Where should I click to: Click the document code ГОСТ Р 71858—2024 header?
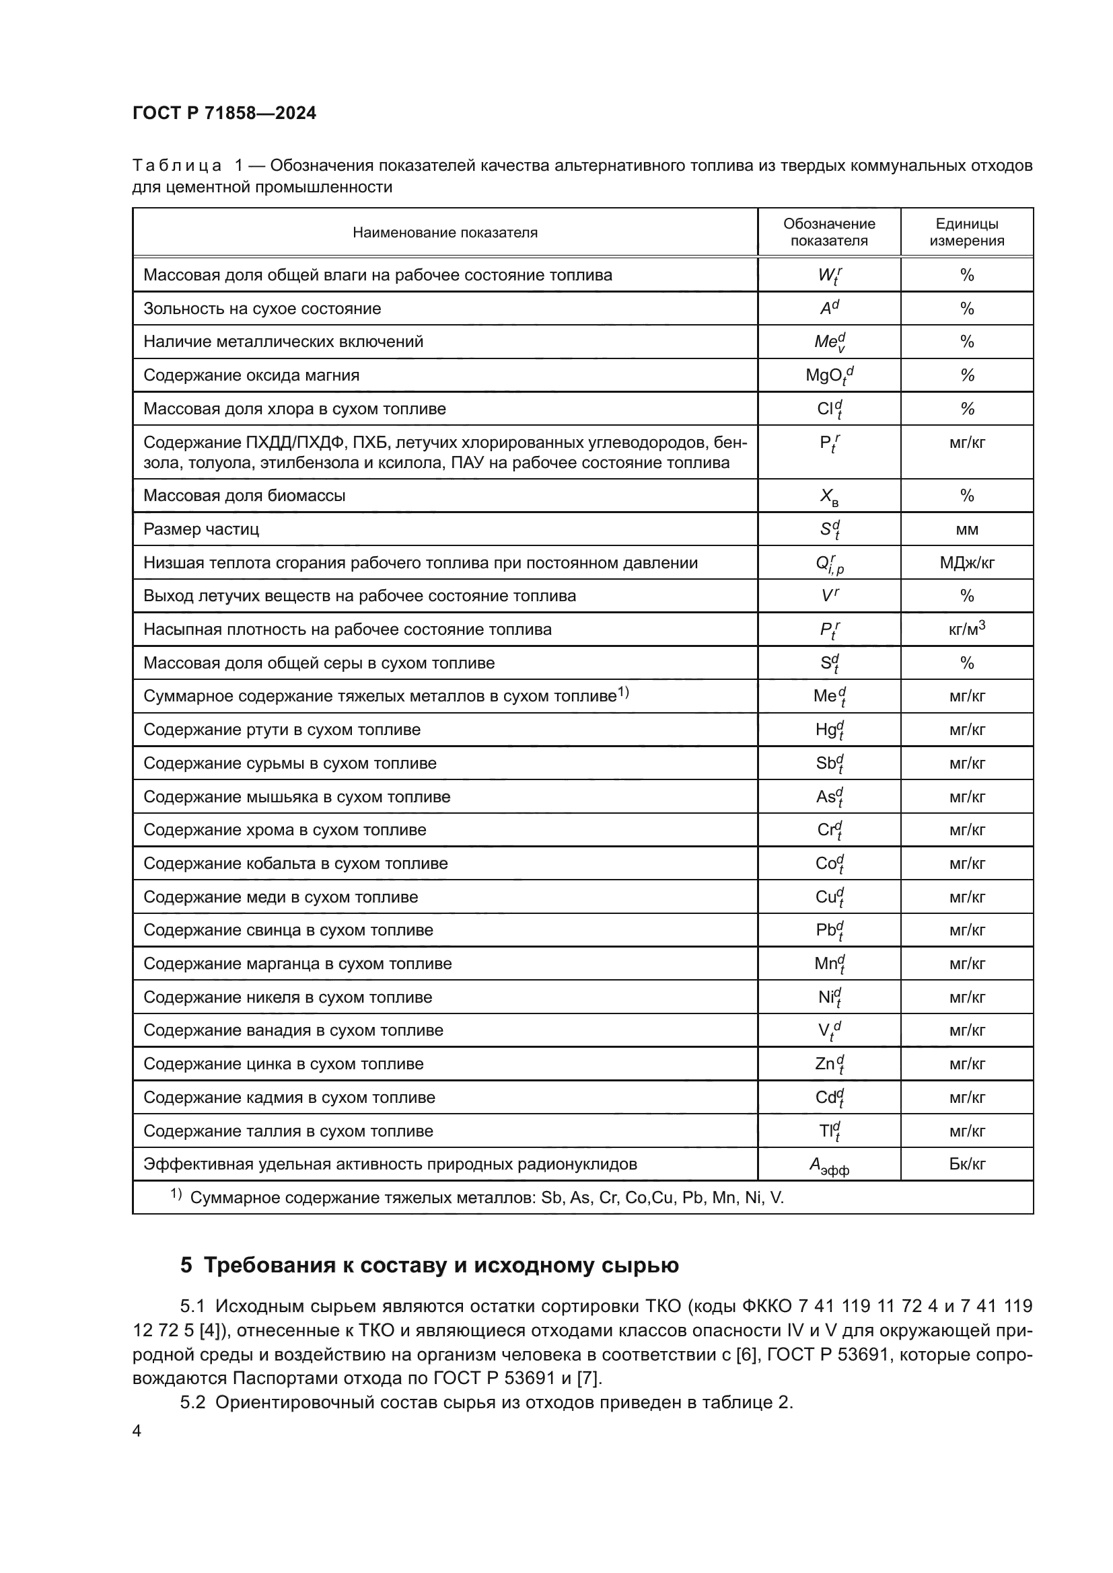tap(224, 113)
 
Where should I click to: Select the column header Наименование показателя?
tap(445, 232)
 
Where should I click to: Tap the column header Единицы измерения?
tap(966, 232)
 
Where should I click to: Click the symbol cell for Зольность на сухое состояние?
tap(829, 308)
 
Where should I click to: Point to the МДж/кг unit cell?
tap(966, 563)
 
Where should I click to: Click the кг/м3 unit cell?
tap(966, 629)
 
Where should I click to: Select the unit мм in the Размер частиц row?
tap(966, 529)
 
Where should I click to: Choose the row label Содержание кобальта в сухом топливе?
tap(295, 864)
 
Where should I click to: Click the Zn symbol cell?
tap(829, 1064)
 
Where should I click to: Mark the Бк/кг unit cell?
tap(966, 1164)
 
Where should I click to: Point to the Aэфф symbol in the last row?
tap(829, 1165)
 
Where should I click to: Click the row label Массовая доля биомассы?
tap(244, 496)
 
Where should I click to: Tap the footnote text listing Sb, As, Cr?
tap(487, 1198)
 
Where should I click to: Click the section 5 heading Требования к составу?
tap(430, 1265)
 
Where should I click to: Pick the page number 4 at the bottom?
tap(137, 1431)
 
